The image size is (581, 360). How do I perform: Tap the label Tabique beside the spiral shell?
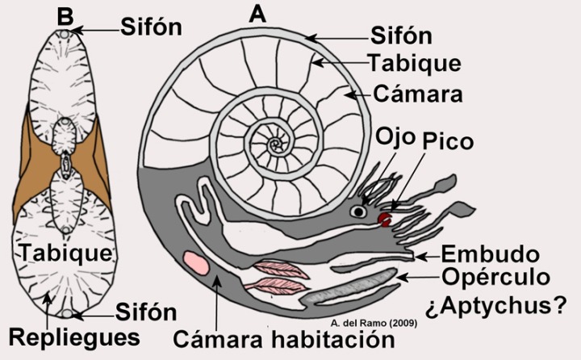[x=414, y=63]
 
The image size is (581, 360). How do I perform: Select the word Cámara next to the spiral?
[x=417, y=94]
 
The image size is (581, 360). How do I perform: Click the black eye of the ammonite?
[x=357, y=211]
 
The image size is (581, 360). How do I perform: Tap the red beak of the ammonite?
[x=387, y=219]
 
